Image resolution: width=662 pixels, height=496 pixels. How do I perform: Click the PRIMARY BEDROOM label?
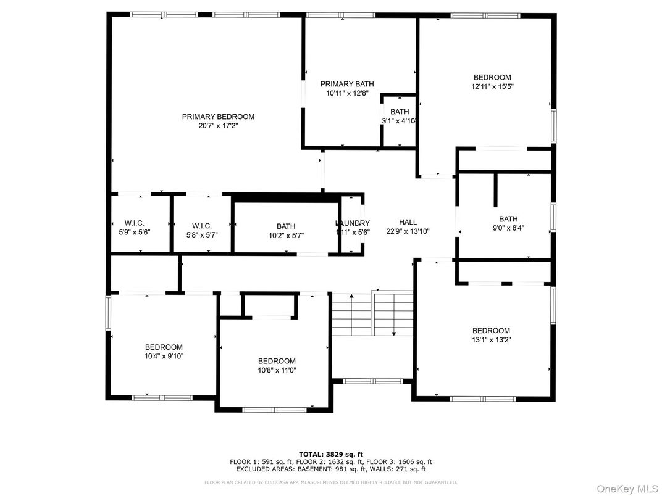(x=218, y=117)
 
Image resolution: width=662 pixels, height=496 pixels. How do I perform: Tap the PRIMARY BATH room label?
(x=346, y=84)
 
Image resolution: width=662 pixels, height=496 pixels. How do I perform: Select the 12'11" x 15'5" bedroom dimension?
(x=492, y=87)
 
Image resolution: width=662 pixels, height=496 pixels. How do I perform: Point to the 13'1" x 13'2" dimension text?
(x=491, y=339)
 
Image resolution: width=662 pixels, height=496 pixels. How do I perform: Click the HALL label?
(x=408, y=222)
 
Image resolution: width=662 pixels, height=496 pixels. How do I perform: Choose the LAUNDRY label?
(x=353, y=223)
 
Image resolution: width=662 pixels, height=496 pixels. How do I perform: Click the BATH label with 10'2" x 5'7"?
(x=286, y=226)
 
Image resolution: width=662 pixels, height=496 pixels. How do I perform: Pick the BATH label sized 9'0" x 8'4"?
(x=508, y=219)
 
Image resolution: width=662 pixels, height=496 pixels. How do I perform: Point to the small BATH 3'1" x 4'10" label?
(x=400, y=112)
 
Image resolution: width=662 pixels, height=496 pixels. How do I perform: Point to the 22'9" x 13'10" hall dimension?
(x=408, y=231)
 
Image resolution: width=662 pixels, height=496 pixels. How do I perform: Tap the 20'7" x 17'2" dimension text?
(x=218, y=126)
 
